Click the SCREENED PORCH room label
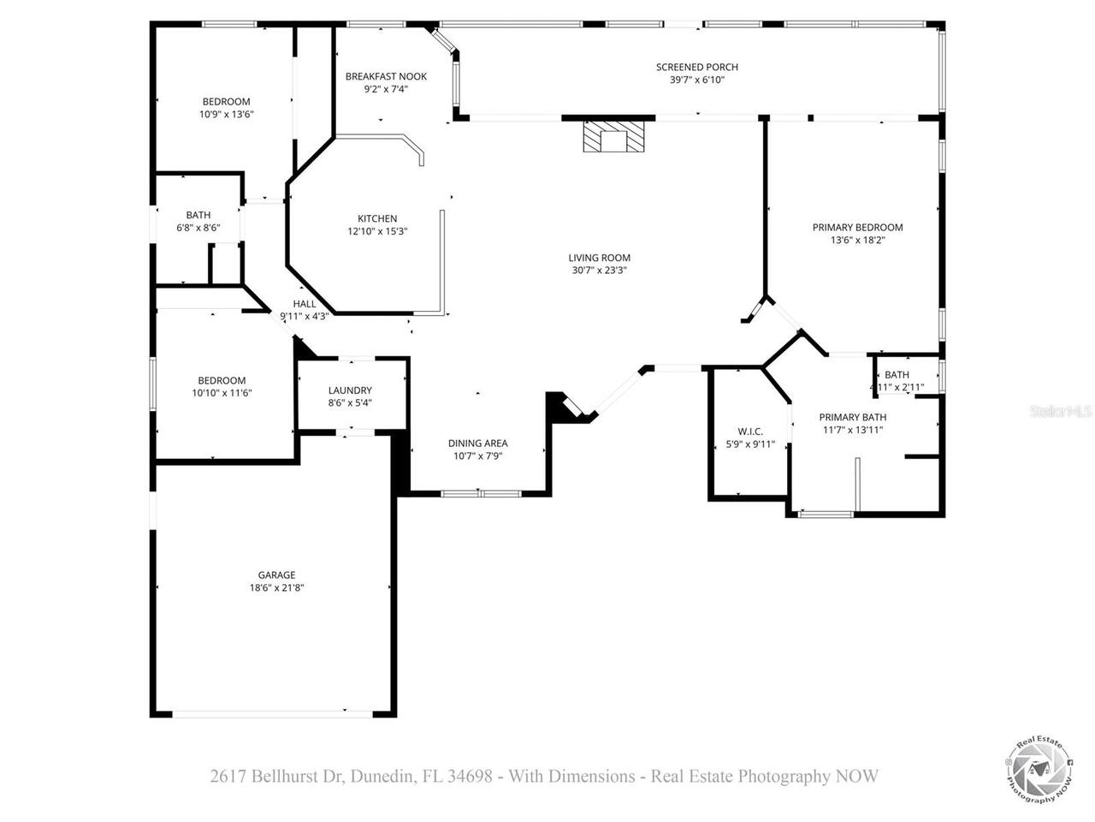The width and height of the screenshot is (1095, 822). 696,67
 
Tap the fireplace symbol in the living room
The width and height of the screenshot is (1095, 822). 612,137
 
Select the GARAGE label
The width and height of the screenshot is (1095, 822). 276,575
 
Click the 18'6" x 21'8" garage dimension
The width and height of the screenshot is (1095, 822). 276,588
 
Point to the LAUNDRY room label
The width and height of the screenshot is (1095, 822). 350,390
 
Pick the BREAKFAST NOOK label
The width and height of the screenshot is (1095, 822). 386,76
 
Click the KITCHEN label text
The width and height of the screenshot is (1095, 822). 377,218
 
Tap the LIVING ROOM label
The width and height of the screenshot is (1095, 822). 599,258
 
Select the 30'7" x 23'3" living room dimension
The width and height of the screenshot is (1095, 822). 599,271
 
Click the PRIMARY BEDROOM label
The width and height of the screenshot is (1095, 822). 857,228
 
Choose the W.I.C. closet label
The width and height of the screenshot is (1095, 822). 750,432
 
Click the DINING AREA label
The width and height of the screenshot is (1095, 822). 477,444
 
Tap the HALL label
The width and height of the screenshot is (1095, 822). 305,304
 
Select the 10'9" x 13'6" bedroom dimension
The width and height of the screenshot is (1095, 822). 226,114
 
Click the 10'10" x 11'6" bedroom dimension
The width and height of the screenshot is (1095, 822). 222,393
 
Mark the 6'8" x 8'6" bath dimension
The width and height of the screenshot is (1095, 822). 198,228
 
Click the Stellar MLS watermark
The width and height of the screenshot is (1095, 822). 1061,412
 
